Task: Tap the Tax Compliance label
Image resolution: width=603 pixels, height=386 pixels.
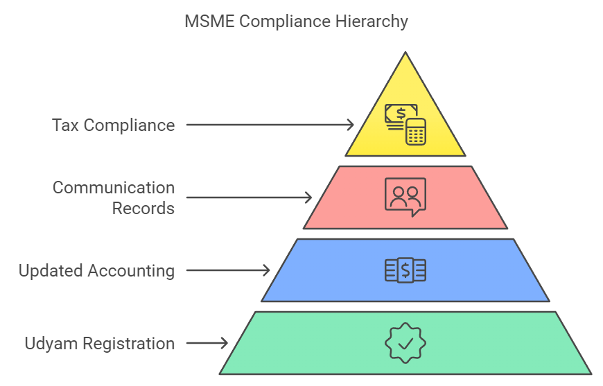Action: pos(113,125)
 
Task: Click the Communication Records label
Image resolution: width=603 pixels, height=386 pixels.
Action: pos(114,198)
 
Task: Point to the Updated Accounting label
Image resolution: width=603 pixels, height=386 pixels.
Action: pos(96,270)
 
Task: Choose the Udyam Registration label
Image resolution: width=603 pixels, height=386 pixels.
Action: pos(99,343)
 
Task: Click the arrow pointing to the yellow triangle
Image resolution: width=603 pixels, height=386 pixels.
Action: pos(270,125)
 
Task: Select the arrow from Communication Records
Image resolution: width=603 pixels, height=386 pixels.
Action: pos(250,198)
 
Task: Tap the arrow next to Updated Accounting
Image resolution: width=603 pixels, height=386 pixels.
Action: pos(229,270)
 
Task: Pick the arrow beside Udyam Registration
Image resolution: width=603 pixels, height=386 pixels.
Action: pos(207,343)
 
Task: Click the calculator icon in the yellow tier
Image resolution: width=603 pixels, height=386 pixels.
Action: pos(416,131)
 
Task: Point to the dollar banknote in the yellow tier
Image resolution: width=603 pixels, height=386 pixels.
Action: pos(400,114)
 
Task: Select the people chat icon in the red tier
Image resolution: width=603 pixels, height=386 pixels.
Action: pos(405,196)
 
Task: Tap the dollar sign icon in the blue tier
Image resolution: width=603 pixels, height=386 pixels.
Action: pos(405,270)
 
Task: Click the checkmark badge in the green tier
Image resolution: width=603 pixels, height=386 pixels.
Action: pos(405,342)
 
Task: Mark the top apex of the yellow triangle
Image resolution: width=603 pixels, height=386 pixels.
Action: pos(405,53)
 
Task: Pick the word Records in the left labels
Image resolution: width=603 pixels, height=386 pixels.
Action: pos(143,208)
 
